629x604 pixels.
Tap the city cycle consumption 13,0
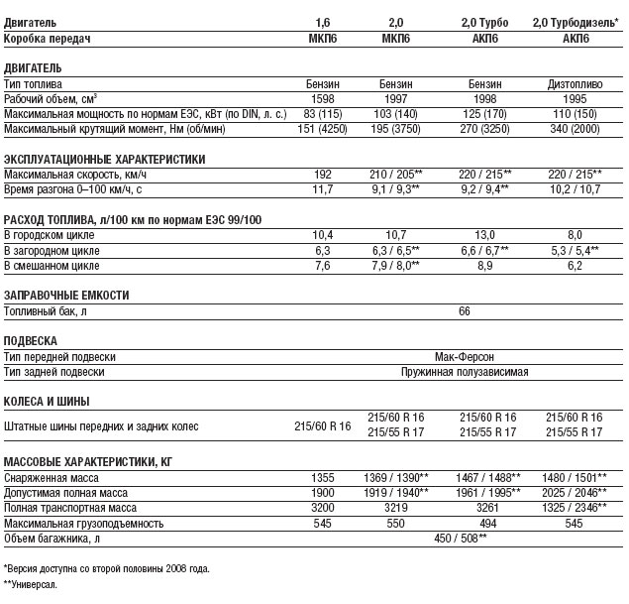pyautogui.click(x=485, y=235)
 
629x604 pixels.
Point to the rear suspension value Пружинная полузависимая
pyautogui.click(x=464, y=372)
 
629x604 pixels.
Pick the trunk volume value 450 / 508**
pyautogui.click(x=464, y=538)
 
